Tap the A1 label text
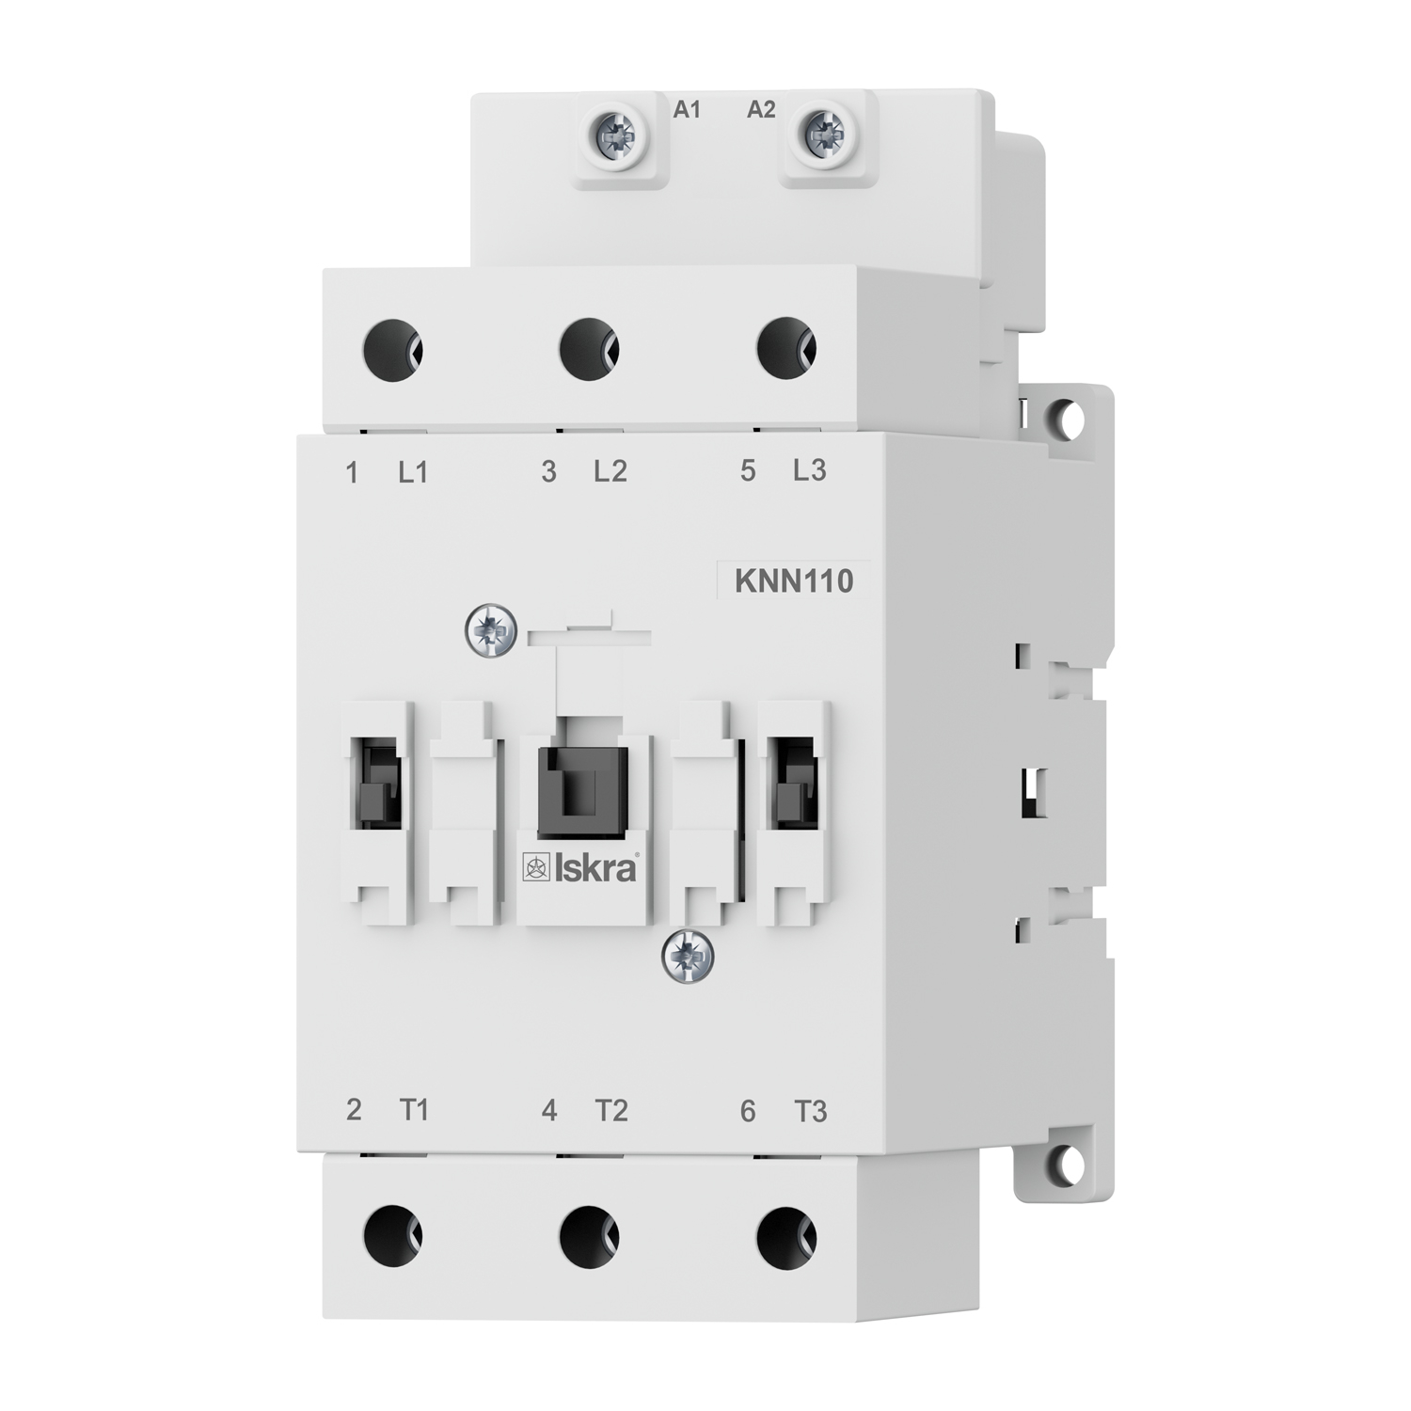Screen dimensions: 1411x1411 coord(688,110)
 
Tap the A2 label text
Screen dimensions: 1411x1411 coord(761,110)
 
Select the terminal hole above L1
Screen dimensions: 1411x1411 coord(392,349)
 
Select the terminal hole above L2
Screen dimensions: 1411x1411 coord(589,349)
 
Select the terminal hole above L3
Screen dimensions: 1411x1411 coord(786,348)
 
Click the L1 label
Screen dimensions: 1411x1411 coord(413,471)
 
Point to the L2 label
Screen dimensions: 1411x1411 coord(610,470)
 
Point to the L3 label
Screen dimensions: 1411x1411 coord(809,469)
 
